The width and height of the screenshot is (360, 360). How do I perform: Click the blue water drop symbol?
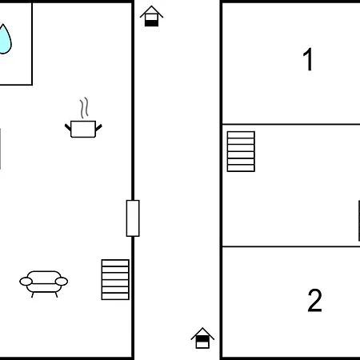pos(4,40)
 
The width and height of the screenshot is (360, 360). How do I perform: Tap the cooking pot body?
pos(83,130)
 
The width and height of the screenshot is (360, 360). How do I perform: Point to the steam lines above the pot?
pos(84,108)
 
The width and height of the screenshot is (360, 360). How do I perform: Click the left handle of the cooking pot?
pos(68,127)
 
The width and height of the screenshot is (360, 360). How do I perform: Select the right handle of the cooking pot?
pos(98,128)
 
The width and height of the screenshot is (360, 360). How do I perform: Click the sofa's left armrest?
pos(26,282)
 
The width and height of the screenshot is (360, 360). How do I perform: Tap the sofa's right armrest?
pos(62,282)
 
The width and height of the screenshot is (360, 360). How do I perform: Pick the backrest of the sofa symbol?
pos(44,275)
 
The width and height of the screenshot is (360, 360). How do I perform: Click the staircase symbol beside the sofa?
pos(115,279)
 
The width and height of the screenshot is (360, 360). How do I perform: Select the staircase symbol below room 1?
pos(241,151)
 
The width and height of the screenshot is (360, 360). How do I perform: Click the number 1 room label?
pos(308,59)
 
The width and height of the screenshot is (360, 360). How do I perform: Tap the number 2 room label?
pos(315,300)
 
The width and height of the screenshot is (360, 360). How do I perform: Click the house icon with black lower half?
pos(151,16)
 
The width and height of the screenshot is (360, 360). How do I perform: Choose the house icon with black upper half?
pos(202,338)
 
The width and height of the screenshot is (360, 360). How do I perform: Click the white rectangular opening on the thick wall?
pos(133,218)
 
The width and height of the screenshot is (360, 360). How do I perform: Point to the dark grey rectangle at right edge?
pos(359,221)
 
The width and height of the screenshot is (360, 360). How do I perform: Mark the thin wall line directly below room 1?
pos(291,124)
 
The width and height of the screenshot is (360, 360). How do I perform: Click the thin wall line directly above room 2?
pos(291,246)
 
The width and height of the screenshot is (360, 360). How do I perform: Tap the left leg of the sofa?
pos(33,294)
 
